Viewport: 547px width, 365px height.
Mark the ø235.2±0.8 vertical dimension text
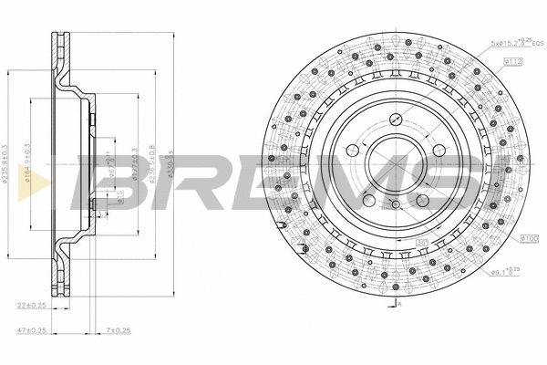(151, 164)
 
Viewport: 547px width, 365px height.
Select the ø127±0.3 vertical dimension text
(134, 164)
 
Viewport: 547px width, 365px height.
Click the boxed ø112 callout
(511, 60)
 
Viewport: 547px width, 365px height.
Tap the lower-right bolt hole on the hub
(423, 201)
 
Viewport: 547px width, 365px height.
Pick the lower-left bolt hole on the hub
(368, 202)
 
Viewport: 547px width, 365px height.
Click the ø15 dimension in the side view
(118, 193)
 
